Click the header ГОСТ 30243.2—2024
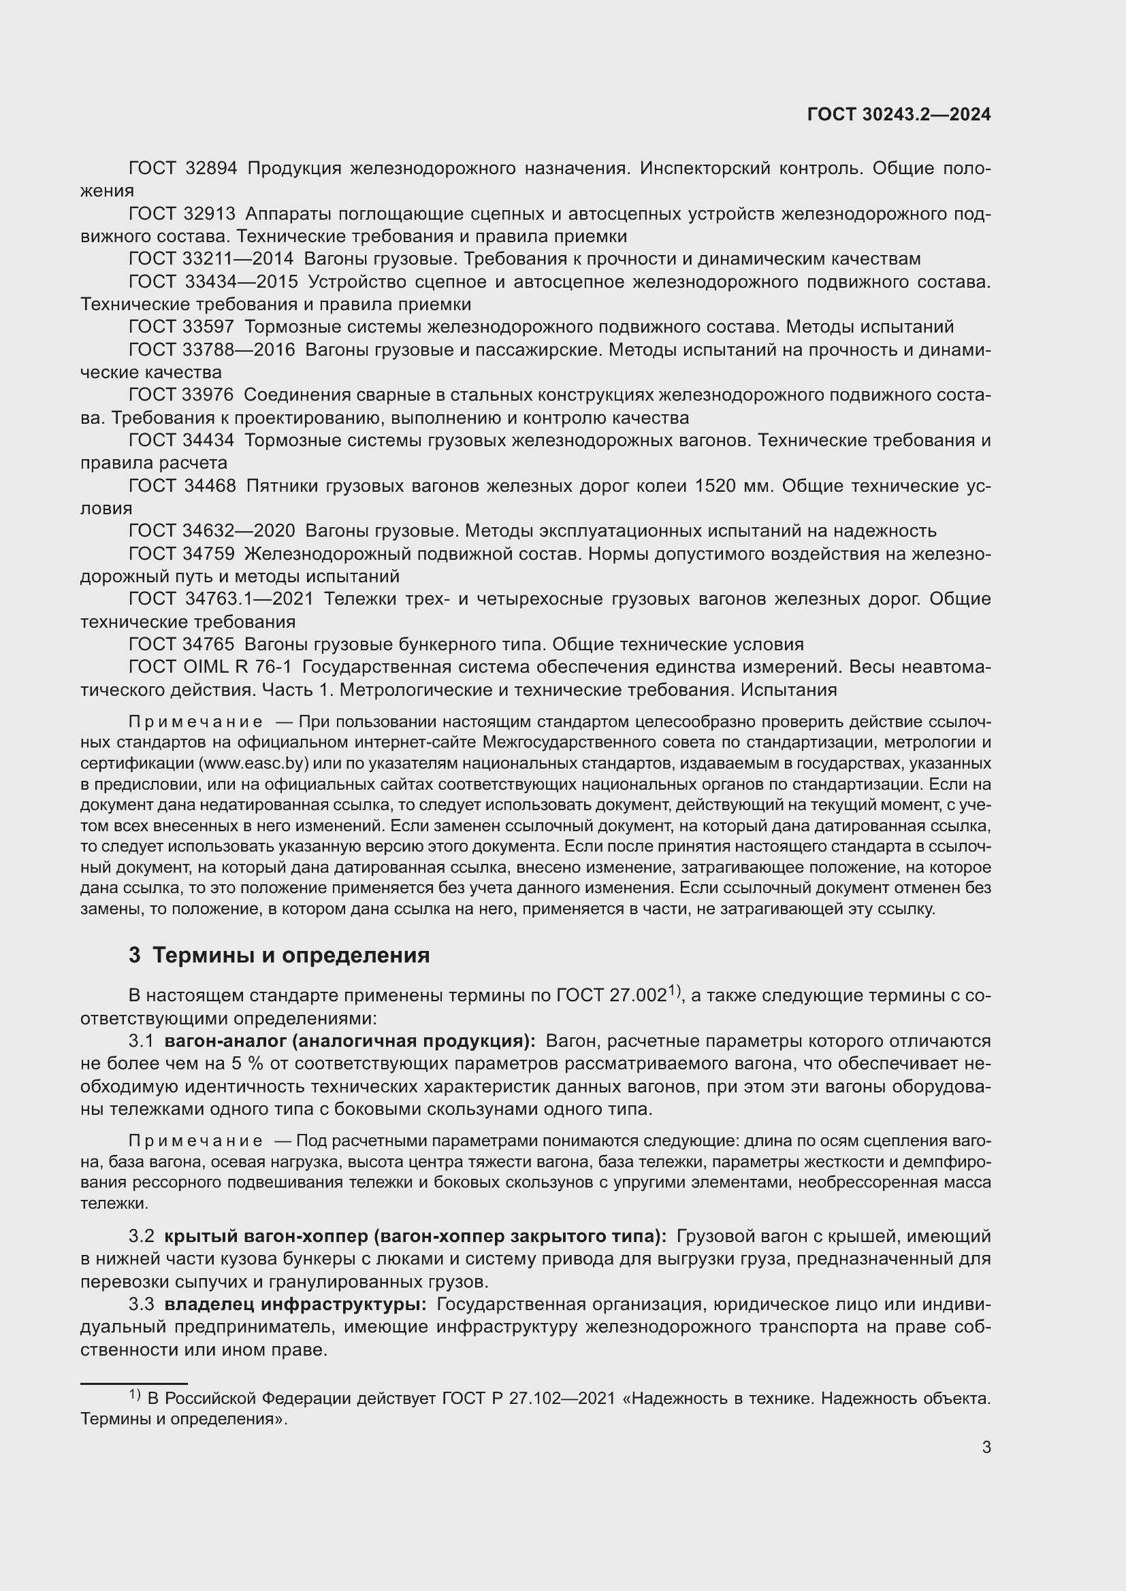point(899,114)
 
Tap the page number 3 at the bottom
point(986,1447)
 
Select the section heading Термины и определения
point(291,956)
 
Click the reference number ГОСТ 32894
point(183,169)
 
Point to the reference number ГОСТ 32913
point(182,214)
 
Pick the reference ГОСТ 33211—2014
point(212,259)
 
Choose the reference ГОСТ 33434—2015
point(214,282)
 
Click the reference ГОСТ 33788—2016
point(212,350)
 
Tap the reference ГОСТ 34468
point(182,486)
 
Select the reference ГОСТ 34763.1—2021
point(221,599)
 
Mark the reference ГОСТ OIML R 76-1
point(210,667)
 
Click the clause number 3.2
point(142,1236)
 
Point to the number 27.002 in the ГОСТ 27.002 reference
point(638,997)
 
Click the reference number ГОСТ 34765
point(182,644)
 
